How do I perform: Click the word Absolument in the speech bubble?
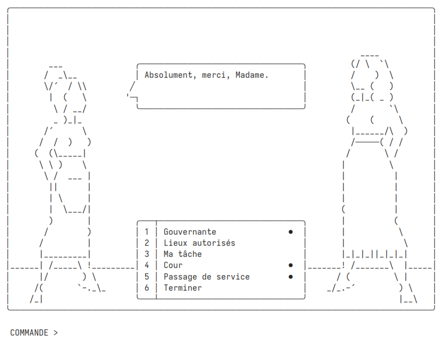coord(168,75)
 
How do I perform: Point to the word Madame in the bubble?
coord(250,75)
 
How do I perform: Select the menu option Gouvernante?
coord(190,232)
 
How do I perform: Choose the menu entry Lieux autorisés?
coord(199,243)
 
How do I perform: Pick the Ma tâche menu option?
coord(183,254)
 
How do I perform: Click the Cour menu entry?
coord(173,265)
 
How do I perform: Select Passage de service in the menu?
coord(207,277)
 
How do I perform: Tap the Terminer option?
coord(183,288)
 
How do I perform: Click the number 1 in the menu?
coord(147,232)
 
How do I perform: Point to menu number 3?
coord(147,254)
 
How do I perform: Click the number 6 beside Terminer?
coord(147,288)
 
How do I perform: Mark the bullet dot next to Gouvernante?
coord(290,232)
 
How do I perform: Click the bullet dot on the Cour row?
coord(290,265)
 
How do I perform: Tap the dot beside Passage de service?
coord(290,277)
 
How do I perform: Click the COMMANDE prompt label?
coord(29,333)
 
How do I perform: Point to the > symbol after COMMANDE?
coord(56,333)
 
